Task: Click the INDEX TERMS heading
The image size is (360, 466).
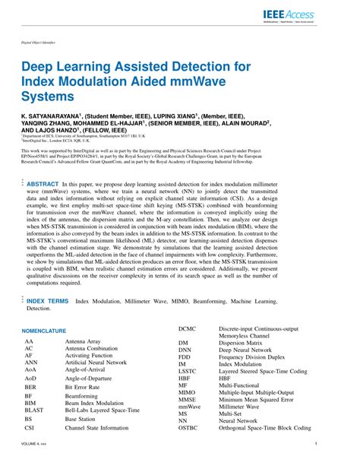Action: click(47, 301)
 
